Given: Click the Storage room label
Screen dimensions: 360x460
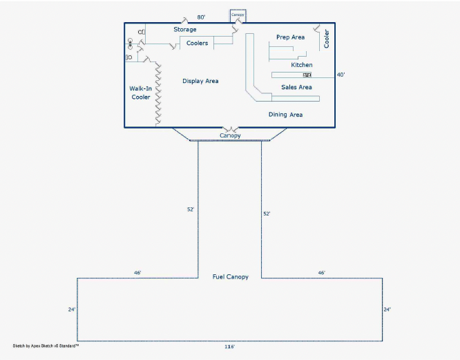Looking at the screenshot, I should click(184, 30).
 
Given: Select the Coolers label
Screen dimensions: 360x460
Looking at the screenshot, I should click(197, 44).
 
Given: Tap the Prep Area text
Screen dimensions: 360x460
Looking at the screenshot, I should click(290, 37).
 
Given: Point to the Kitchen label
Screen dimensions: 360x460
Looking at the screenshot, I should click(301, 65).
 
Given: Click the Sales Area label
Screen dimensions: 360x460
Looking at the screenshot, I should click(296, 87).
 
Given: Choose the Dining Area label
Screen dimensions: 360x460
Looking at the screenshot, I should click(285, 115).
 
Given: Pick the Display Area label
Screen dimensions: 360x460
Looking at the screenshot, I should click(200, 82).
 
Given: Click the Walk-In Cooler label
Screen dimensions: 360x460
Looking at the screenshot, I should click(141, 93).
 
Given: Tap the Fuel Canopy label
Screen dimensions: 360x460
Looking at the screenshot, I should click(230, 276).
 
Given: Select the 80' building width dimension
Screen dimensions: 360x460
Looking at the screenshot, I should click(201, 17).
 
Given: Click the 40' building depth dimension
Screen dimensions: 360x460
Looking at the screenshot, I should click(340, 75).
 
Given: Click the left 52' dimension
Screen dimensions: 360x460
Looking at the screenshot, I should click(190, 209).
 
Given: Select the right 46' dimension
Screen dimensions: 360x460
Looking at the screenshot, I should click(321, 273).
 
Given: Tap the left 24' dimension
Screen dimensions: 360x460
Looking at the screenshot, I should click(71, 310).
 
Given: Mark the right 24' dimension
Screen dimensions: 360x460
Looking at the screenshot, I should click(387, 310).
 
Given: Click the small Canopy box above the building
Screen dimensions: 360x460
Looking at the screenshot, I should click(238, 15).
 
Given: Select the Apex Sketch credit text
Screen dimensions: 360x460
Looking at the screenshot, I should click(46, 343).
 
